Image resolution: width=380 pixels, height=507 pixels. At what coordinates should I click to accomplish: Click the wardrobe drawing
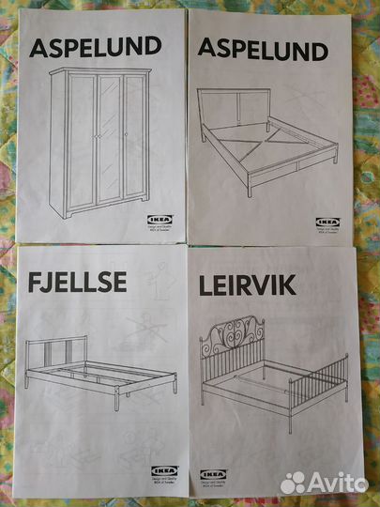click(x=99, y=141)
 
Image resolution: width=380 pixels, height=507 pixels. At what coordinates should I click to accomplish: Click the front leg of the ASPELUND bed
click(x=249, y=187)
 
